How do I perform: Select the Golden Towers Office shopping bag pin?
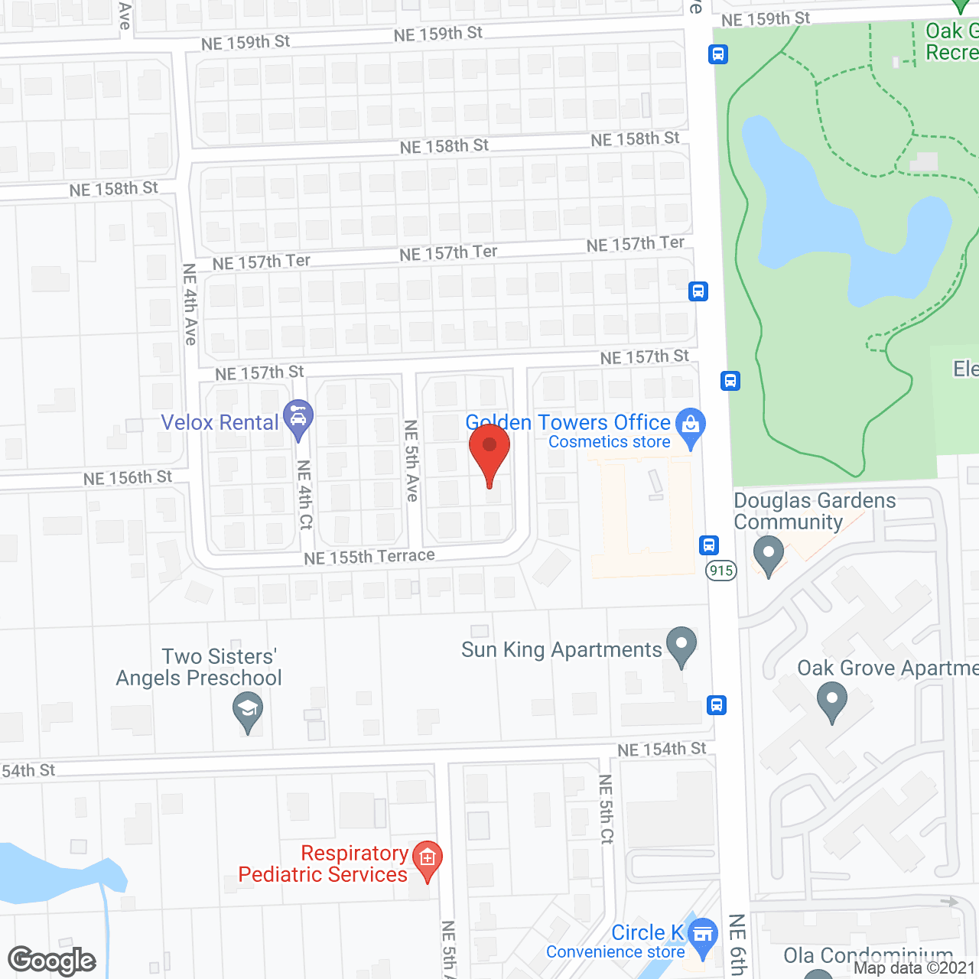click(x=691, y=425)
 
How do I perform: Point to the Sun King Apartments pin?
click(x=681, y=644)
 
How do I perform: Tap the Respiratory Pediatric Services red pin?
click(x=428, y=859)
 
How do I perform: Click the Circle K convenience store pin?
click(x=702, y=935)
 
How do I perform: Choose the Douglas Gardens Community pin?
click(x=769, y=552)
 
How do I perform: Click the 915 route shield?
click(x=721, y=571)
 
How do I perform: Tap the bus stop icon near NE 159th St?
click(x=718, y=54)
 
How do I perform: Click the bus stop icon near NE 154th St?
click(x=717, y=704)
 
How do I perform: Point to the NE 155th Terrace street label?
click(x=369, y=557)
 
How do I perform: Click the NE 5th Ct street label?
click(x=606, y=809)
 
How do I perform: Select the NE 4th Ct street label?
click(x=305, y=495)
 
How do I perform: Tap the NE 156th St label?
click(x=128, y=478)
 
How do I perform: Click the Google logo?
click(x=52, y=961)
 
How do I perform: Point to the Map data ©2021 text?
click(x=914, y=968)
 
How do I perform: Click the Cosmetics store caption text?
click(x=610, y=442)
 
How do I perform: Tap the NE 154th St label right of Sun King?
click(x=662, y=750)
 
